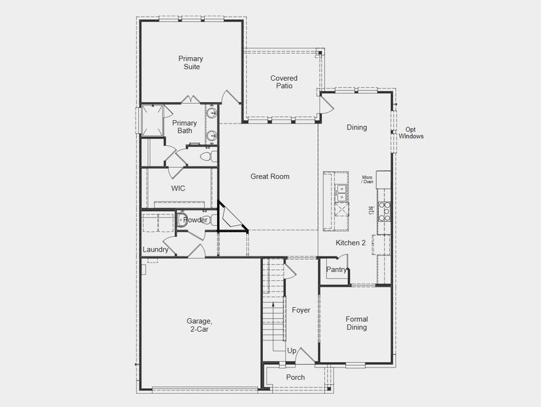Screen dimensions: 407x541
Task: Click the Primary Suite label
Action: tap(191, 63)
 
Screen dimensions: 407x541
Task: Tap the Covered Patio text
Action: tap(283, 82)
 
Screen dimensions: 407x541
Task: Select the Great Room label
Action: tap(270, 176)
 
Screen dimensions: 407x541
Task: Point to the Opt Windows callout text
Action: tap(411, 133)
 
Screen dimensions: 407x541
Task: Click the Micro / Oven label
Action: tap(367, 179)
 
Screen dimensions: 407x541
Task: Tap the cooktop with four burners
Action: tap(384, 211)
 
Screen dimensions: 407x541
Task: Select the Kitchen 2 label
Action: tap(351, 243)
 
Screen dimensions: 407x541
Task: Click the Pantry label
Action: tap(336, 270)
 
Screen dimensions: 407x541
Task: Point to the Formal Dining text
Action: tap(357, 323)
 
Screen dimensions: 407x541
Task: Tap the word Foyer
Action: tap(301, 310)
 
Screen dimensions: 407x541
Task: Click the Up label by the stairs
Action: tap(292, 351)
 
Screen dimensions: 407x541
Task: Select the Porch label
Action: tap(296, 377)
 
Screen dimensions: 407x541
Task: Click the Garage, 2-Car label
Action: tap(199, 326)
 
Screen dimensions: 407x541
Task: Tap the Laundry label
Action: tap(155, 250)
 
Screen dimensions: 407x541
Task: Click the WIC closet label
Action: tap(178, 189)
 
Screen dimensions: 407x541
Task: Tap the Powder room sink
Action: tap(182, 220)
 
